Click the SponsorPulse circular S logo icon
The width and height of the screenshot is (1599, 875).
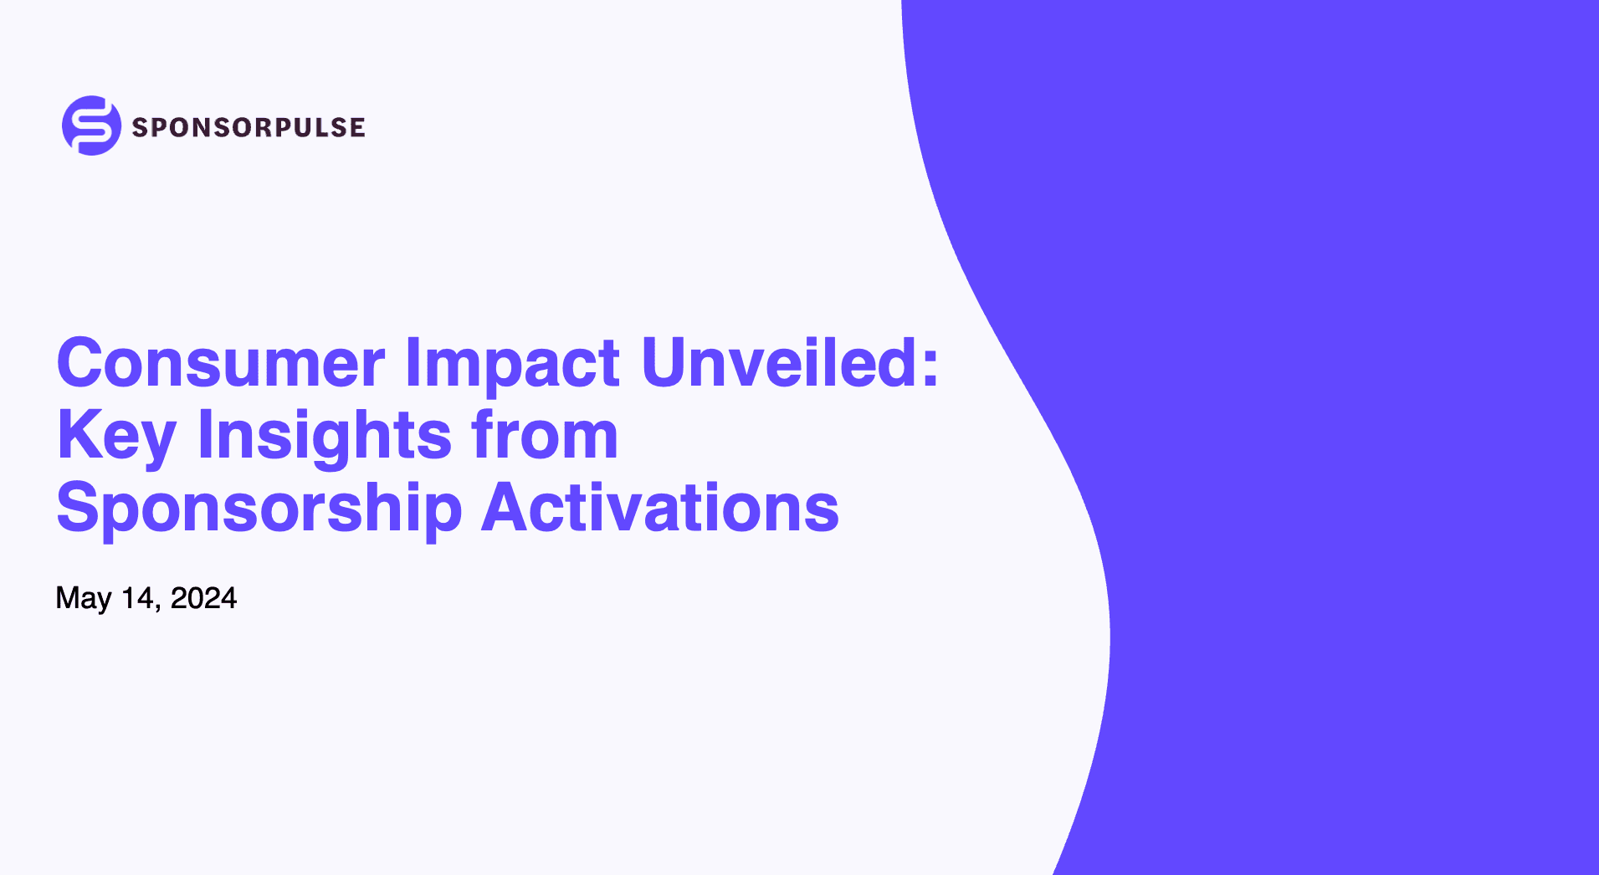[x=91, y=125]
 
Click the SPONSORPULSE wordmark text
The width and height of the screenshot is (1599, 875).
[x=248, y=127]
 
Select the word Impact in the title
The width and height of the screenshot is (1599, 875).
[x=512, y=363]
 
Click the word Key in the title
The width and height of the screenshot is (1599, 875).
[x=116, y=436]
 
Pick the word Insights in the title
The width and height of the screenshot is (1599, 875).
[x=325, y=436]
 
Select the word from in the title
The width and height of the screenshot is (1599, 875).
[x=544, y=436]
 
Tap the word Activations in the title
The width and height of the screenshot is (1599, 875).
[x=660, y=508]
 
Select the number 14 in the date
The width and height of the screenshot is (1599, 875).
[x=137, y=598]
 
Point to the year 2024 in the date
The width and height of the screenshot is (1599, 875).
[x=203, y=598]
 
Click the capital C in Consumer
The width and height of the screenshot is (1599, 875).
[x=79, y=363]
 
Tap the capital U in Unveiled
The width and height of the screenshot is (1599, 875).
[x=664, y=363]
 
